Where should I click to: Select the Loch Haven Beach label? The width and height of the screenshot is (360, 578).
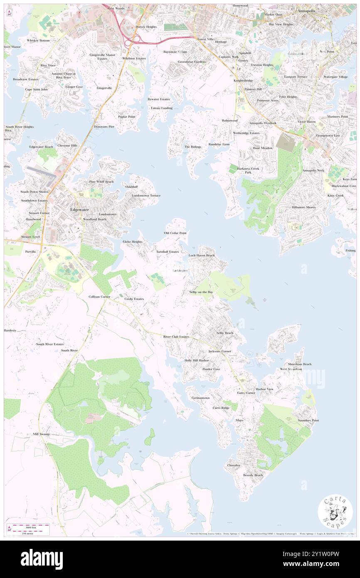coord(202,255)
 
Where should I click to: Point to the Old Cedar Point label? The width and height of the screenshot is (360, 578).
coord(175,233)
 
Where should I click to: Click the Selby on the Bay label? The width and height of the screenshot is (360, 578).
coord(201,292)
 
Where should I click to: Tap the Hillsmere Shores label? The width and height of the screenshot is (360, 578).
coord(303,207)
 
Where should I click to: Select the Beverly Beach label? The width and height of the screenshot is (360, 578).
coord(253,475)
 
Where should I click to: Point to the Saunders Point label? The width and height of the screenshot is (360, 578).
coord(308,420)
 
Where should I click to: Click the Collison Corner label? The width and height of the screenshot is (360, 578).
coord(99,297)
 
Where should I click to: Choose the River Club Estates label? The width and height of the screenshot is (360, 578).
coord(176,336)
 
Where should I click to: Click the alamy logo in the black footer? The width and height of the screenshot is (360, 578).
coord(42,559)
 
